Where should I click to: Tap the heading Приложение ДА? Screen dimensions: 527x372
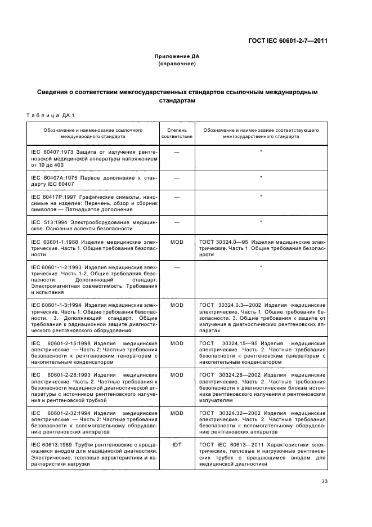pos(177,57)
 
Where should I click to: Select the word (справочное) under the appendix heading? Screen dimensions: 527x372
pos(177,64)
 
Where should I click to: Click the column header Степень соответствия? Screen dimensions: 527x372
pos(177,133)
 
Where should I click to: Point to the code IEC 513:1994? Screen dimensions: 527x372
pos(47,222)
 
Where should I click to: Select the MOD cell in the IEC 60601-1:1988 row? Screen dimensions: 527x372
pos(177,242)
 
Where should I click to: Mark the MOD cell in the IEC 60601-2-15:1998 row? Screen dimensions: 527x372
pos(177,343)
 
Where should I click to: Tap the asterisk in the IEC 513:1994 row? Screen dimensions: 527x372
pos(261,222)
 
